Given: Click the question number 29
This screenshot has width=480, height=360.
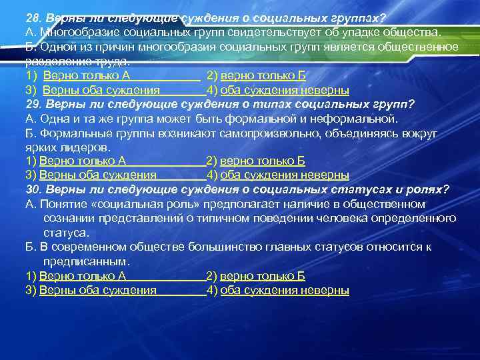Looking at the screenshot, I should [x=32, y=105].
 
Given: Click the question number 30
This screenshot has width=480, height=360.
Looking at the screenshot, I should [x=33, y=190].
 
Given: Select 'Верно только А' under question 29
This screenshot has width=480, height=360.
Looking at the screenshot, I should [x=83, y=161].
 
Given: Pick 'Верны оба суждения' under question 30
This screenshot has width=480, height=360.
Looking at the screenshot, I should [x=98, y=290].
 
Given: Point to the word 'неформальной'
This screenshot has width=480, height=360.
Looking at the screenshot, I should [x=357, y=119].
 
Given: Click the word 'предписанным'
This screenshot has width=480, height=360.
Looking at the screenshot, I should [x=85, y=261].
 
